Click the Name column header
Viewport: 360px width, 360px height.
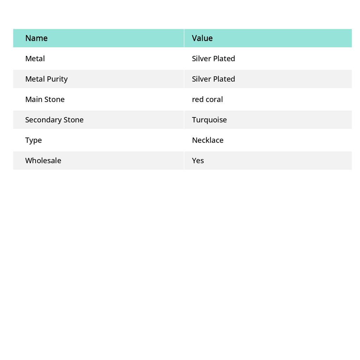point(36,38)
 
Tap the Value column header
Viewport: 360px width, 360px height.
point(202,38)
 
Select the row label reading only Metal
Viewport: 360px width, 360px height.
point(35,59)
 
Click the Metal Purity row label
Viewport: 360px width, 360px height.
point(46,79)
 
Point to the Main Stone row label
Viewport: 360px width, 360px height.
point(45,99)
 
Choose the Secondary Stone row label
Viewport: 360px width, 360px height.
point(54,120)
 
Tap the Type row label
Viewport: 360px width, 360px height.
point(33,140)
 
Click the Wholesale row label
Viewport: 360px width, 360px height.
point(43,161)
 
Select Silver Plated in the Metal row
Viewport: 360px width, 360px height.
point(213,59)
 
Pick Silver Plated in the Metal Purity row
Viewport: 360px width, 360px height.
point(213,79)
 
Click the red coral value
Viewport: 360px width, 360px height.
point(207,99)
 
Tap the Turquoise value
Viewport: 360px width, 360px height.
point(209,120)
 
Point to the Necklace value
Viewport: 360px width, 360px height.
point(207,140)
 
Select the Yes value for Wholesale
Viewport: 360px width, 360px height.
point(198,161)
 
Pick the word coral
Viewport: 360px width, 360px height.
point(214,99)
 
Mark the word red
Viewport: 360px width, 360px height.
point(198,99)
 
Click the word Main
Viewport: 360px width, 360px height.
point(33,99)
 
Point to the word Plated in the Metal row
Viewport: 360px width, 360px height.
point(224,59)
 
